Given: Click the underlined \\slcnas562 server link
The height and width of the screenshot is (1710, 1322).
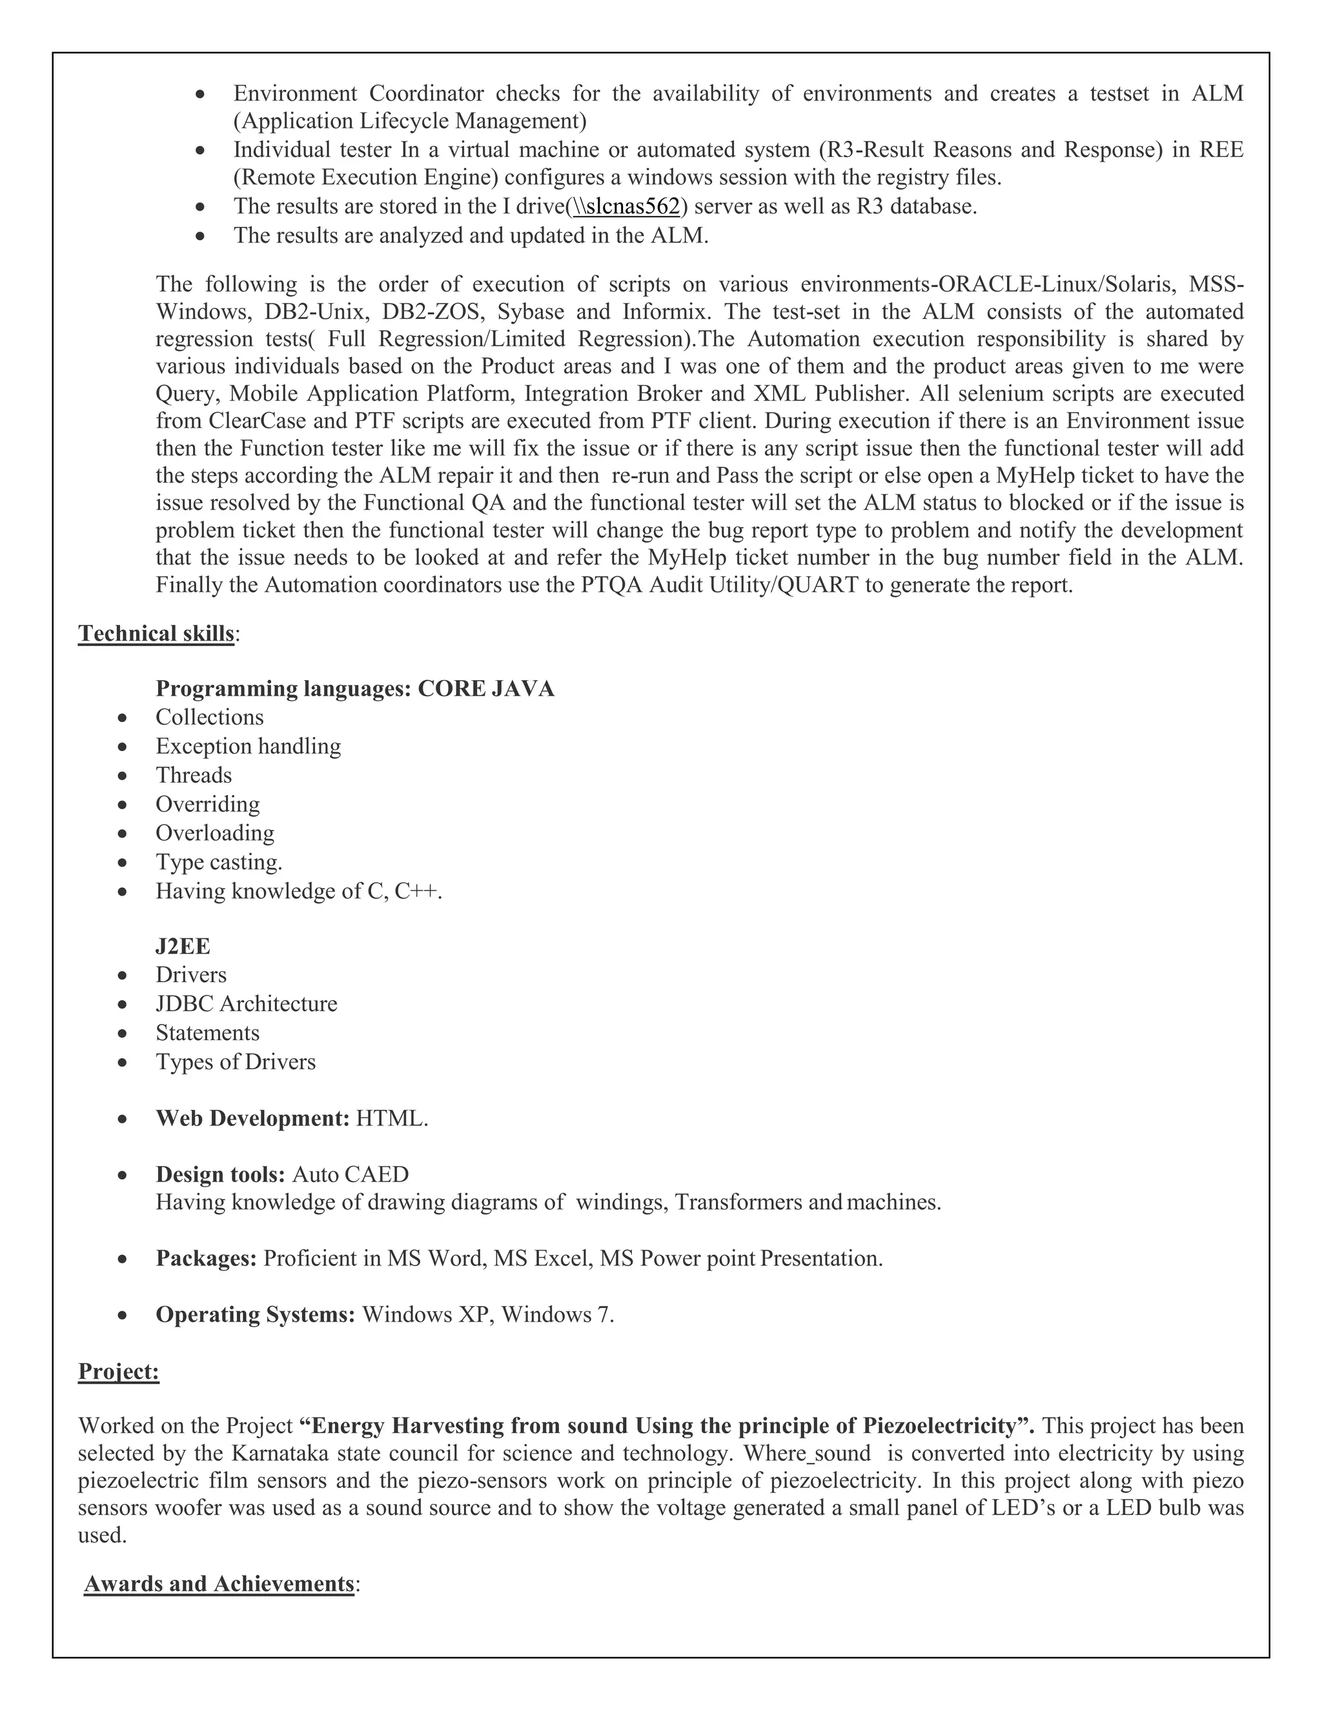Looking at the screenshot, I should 627,206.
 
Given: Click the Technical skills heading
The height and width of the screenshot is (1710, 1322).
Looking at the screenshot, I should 156,634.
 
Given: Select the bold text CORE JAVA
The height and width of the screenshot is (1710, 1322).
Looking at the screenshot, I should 485,689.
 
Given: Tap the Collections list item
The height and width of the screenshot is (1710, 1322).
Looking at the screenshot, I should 209,717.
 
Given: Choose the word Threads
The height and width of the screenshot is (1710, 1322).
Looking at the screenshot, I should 194,775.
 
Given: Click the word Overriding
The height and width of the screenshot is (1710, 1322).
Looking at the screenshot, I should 208,804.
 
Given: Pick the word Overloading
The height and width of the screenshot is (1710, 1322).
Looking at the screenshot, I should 214,833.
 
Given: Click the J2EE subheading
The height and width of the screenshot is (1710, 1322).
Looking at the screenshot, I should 183,947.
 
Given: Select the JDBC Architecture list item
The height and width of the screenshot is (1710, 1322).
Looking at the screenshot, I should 246,1004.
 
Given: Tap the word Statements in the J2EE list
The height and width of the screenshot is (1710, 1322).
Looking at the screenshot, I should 208,1032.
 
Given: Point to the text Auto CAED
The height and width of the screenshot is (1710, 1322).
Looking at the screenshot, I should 350,1174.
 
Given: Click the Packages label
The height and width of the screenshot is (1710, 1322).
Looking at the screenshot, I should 206,1258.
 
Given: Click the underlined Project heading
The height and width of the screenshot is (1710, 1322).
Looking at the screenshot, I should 118,1372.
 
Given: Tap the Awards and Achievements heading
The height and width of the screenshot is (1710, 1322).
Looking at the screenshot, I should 219,1584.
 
